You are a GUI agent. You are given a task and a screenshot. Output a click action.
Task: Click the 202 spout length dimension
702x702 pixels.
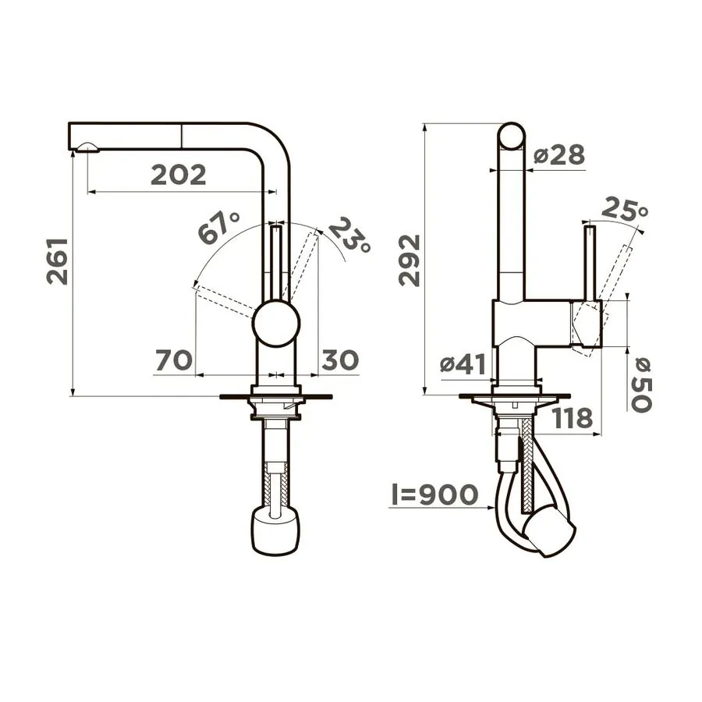tap(178, 175)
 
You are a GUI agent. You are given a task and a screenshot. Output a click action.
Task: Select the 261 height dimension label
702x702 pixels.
tap(57, 261)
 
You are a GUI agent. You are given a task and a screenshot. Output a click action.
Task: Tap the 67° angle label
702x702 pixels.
tap(219, 228)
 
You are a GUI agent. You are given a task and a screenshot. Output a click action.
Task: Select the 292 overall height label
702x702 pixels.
tap(409, 261)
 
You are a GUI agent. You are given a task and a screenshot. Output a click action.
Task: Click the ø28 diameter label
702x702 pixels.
tap(559, 155)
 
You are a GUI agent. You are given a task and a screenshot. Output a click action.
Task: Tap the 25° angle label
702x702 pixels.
tap(625, 209)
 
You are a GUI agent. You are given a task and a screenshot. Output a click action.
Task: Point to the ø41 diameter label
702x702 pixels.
tap(463, 364)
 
